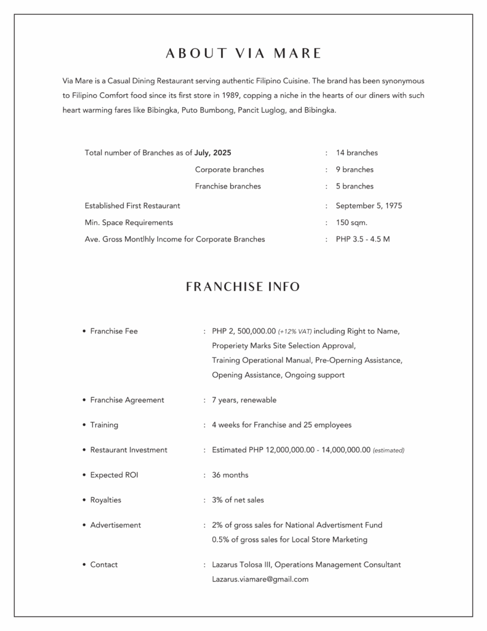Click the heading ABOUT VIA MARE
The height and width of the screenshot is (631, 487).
tap(243, 54)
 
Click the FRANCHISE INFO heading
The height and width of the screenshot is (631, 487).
tap(243, 287)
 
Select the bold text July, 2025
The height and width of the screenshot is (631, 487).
tap(213, 153)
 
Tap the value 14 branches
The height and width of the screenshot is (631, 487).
tap(356, 153)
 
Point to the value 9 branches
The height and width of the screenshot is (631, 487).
tap(355, 169)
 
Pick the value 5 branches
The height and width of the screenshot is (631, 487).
tap(355, 186)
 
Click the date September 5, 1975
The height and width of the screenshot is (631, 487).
tap(369, 206)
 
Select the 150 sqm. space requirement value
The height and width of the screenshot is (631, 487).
tap(352, 222)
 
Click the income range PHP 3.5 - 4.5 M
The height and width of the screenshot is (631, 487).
tap(363, 239)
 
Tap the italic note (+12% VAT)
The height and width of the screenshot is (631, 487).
tap(295, 332)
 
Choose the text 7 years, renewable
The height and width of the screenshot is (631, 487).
tap(244, 400)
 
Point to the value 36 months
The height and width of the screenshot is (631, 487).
tap(230, 475)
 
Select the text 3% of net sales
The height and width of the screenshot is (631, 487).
tap(238, 500)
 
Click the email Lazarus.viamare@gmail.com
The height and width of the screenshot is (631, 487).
tap(260, 579)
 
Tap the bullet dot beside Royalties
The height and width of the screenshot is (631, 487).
tap(84, 500)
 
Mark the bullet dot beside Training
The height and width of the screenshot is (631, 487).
tap(84, 425)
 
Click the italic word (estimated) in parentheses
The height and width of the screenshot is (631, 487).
tap(388, 450)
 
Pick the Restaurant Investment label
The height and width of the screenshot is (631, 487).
tap(129, 450)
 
